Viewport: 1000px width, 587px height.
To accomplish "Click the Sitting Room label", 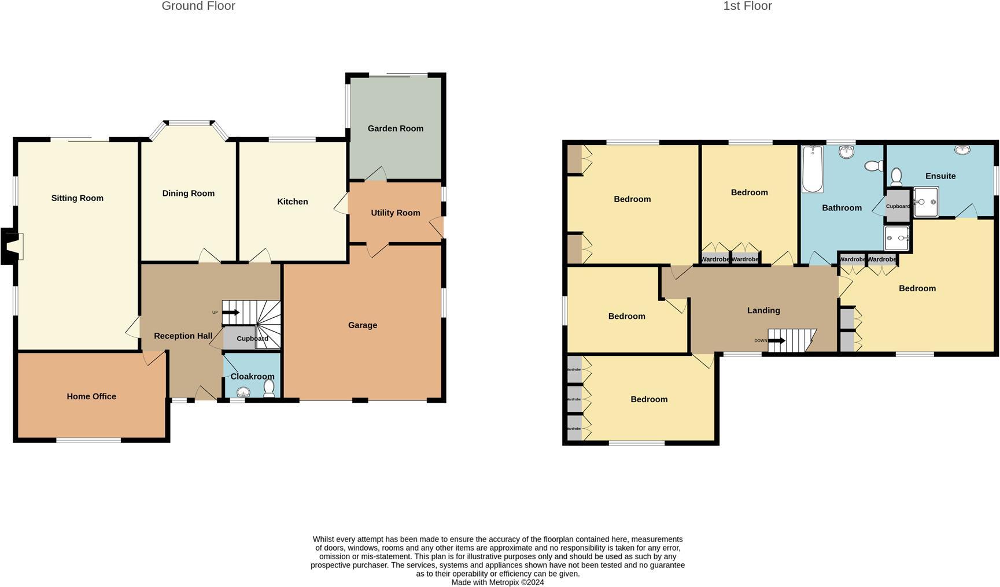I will click(x=77, y=198).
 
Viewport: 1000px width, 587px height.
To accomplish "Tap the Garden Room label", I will click(x=395, y=128).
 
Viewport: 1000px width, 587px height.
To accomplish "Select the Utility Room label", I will click(x=395, y=213).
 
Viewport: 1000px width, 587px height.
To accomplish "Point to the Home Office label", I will click(x=91, y=396).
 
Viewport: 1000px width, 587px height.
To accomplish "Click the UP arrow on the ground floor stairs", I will click(x=231, y=313).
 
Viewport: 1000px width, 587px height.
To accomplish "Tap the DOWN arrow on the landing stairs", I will click(x=776, y=340).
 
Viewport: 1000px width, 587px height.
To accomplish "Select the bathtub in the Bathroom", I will click(x=812, y=169).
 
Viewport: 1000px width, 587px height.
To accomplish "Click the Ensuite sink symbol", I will click(x=962, y=150).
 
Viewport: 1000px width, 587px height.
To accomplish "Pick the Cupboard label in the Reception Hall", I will click(x=252, y=339).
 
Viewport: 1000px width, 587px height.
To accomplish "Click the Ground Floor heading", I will click(x=198, y=6).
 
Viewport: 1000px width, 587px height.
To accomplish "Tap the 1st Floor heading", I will click(x=747, y=6).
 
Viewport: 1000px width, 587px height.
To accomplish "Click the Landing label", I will click(x=763, y=310).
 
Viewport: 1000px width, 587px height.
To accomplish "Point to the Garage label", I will click(x=363, y=325).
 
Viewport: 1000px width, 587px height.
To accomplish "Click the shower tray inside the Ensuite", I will click(x=926, y=202).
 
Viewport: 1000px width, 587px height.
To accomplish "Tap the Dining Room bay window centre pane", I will click(x=189, y=122).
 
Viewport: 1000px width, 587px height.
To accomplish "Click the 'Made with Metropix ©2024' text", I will click(x=497, y=582).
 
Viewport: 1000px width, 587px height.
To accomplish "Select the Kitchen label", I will click(x=292, y=202).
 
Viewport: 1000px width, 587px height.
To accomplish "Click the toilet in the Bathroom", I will click(x=873, y=166).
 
